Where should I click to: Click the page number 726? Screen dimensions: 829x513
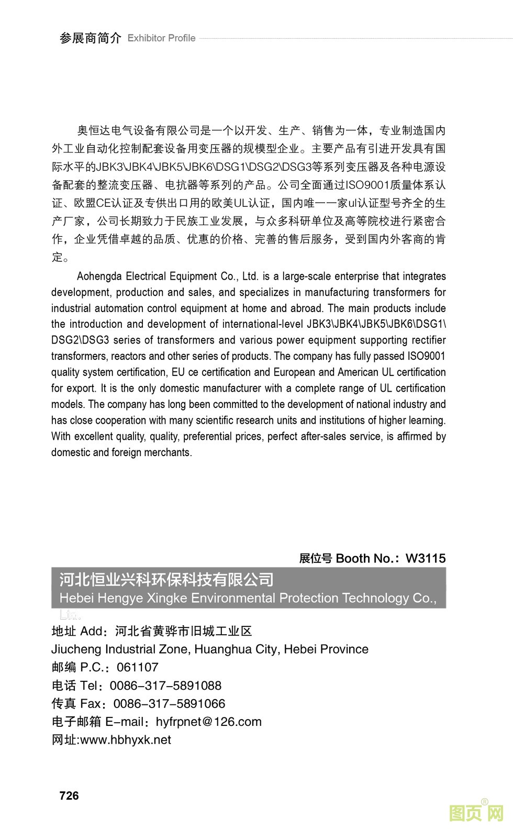coord(69,795)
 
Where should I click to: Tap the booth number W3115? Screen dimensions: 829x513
coord(426,558)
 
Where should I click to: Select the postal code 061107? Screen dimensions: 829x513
coord(137,667)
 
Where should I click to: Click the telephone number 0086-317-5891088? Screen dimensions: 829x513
coord(165,686)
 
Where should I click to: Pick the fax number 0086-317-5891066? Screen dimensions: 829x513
coord(169,703)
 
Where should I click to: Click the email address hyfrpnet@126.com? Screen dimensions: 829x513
coord(209,722)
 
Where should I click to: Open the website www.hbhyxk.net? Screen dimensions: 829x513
coord(126,739)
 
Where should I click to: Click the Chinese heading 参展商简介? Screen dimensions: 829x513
coord(90,38)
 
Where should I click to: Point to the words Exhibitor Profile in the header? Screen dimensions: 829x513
coord(161,38)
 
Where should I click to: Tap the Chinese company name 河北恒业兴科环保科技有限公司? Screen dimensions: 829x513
coord(166,580)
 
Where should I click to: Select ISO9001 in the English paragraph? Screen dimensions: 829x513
coord(426,356)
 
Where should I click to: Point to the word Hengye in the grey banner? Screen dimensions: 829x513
coord(120,598)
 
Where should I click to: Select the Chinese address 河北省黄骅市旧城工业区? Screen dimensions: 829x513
coord(183,631)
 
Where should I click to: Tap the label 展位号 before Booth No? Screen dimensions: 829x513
coord(315,558)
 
